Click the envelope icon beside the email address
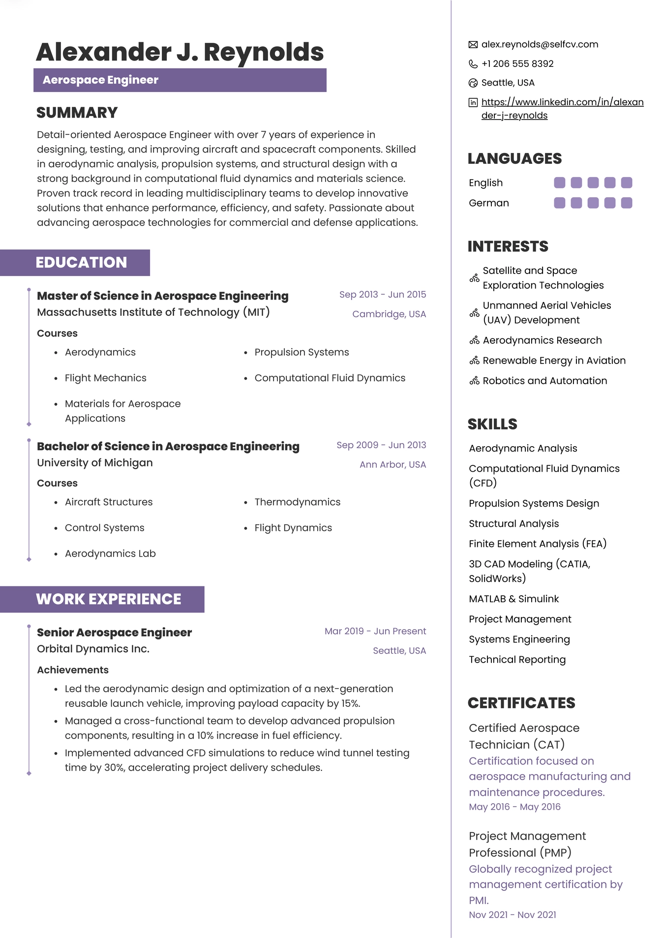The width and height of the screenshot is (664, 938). pyautogui.click(x=473, y=45)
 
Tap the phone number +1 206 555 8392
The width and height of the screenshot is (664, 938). pyautogui.click(x=517, y=64)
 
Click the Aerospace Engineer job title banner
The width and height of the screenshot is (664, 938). pyautogui.click(x=180, y=80)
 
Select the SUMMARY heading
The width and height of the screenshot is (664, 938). pyautogui.click(x=77, y=113)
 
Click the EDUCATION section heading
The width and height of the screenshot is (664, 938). pyautogui.click(x=81, y=263)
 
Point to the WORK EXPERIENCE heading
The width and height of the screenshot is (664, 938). pyautogui.click(x=109, y=599)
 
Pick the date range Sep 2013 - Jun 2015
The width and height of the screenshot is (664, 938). pyautogui.click(x=382, y=295)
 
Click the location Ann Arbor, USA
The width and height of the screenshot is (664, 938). pyautogui.click(x=392, y=464)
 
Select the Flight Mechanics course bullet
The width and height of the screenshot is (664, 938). pyautogui.click(x=105, y=378)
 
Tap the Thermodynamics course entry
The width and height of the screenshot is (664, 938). pyautogui.click(x=297, y=502)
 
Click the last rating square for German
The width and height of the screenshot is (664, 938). pyautogui.click(x=626, y=203)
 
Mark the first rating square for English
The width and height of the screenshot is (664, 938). pyautogui.click(x=559, y=183)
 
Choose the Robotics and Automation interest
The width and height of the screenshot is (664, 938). pyautogui.click(x=544, y=381)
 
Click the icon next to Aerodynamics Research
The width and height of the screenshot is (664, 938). pyautogui.click(x=474, y=340)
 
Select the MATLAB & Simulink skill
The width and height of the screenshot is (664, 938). pyautogui.click(x=513, y=599)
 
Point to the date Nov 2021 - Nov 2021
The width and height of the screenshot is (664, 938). pyautogui.click(x=512, y=914)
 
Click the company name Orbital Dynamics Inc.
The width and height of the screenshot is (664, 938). pyautogui.click(x=93, y=649)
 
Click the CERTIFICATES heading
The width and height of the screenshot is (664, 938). pyautogui.click(x=521, y=703)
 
